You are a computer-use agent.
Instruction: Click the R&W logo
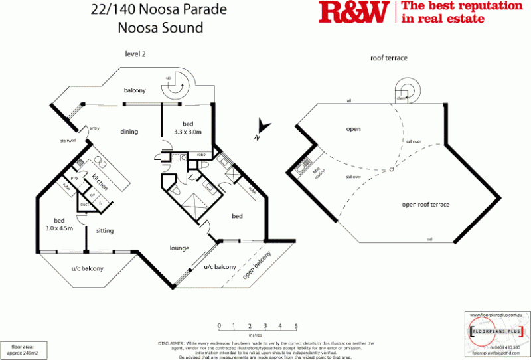tap(354, 13)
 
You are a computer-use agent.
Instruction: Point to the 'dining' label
tap(129, 132)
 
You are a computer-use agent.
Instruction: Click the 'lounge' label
tap(179, 248)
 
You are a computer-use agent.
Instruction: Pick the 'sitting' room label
tap(105, 231)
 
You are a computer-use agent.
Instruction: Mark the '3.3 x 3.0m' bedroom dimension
tap(188, 133)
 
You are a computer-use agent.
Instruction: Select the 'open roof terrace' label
tap(425, 205)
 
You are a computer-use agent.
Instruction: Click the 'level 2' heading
tap(135, 54)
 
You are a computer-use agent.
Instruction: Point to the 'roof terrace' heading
tap(388, 58)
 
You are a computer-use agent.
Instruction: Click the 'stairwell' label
tap(67, 141)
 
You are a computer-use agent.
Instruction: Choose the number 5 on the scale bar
tap(296, 325)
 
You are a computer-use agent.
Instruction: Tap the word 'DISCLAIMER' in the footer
tap(171, 343)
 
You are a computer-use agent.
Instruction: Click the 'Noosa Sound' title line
tap(160, 28)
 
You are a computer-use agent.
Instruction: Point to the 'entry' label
tap(94, 128)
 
